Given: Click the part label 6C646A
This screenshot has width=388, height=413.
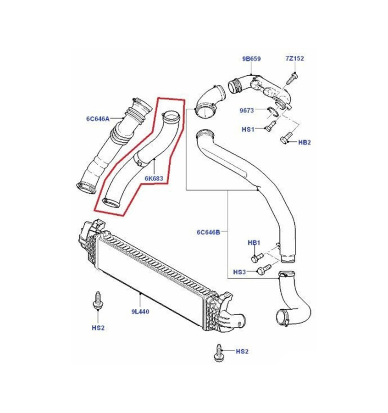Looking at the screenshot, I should pos(98,119).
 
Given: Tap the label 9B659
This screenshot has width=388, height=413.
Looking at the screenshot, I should pos(251,59).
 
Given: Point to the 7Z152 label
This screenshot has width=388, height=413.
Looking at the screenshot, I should pos(295,59).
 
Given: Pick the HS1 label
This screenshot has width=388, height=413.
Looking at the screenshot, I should pos(248,130).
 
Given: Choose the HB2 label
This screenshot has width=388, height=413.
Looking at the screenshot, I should pos(305,143).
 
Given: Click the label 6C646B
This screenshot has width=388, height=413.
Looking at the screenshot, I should pos(209,232).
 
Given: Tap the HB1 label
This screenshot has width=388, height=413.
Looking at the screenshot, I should pos(254,242).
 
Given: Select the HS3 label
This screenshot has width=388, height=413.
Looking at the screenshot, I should pos(240,272).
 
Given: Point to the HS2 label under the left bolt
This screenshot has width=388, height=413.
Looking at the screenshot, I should pos(98,328).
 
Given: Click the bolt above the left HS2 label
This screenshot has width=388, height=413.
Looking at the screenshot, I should pos(97,300).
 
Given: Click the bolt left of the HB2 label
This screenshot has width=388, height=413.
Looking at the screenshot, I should pos(286,137).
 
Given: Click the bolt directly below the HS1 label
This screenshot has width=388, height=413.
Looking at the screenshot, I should pos(269,124).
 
